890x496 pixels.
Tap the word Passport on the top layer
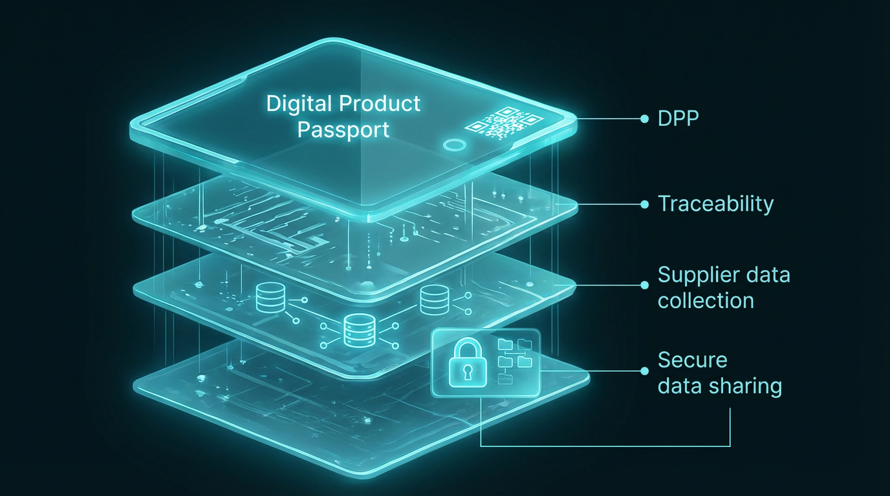(343, 129)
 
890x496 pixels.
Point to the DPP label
(678, 119)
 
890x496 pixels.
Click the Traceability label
(715, 204)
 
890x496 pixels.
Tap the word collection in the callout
(706, 300)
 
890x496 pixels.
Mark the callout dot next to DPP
(644, 119)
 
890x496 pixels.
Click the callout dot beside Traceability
(644, 204)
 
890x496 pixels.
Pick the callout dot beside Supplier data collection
(644, 285)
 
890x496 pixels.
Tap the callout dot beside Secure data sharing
(644, 371)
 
